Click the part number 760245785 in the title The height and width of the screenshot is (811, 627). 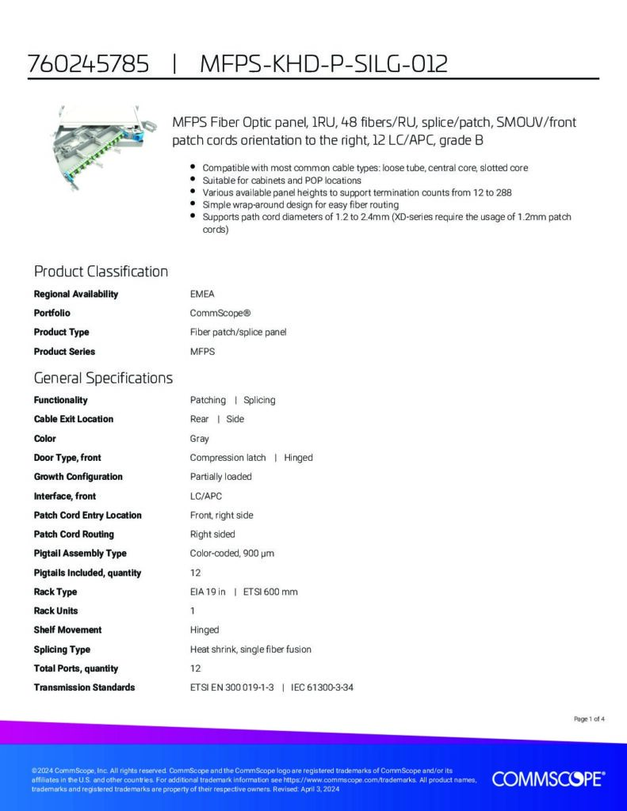pyautogui.click(x=88, y=64)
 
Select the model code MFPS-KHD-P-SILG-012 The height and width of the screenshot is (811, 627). pyautogui.click(x=323, y=64)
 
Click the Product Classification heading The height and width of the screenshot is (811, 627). pyautogui.click(x=101, y=272)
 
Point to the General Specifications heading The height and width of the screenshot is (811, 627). pyautogui.click(x=103, y=378)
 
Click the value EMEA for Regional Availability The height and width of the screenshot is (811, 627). pyautogui.click(x=202, y=294)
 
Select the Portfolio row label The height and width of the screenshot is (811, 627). pyautogui.click(x=52, y=313)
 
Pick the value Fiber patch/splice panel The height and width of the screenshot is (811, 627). pyautogui.click(x=238, y=332)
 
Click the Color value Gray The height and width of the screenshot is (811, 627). pyautogui.click(x=200, y=438)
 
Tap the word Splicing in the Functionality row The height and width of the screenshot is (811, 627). pyautogui.click(x=259, y=400)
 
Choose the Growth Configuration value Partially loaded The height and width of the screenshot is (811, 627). pyautogui.click(x=221, y=477)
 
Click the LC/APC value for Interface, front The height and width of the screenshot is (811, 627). pyautogui.click(x=206, y=496)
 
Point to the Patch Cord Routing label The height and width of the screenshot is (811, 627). pyautogui.click(x=74, y=534)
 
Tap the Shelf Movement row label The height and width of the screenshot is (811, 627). pyautogui.click(x=67, y=630)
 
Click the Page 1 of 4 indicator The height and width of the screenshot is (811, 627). pyautogui.click(x=589, y=719)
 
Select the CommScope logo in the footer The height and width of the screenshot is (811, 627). pyautogui.click(x=548, y=779)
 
